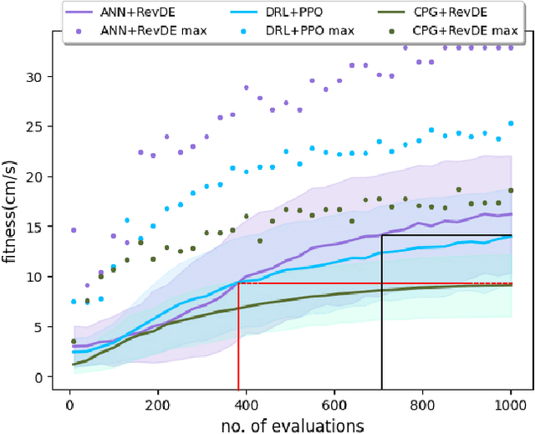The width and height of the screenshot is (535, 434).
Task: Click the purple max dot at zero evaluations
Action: (74, 230)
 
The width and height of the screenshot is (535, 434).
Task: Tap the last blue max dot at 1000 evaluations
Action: (511, 123)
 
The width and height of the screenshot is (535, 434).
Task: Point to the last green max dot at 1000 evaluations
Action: (511, 191)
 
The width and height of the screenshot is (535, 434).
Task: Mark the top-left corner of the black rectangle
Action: (382, 236)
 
